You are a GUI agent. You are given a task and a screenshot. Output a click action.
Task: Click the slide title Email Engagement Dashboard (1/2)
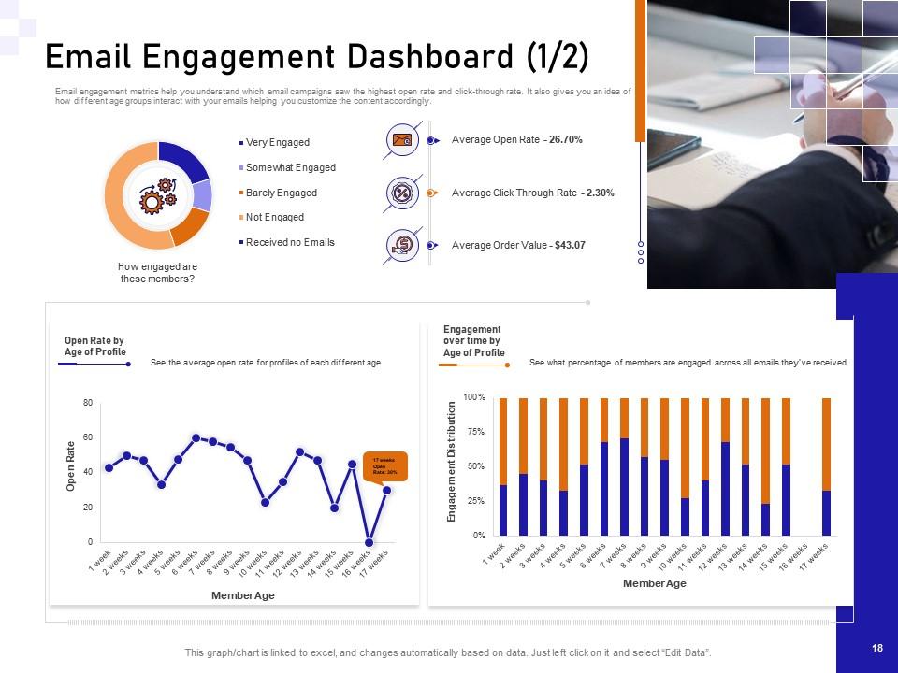pos(317,57)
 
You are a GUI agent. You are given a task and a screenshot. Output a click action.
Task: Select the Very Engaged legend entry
pos(277,142)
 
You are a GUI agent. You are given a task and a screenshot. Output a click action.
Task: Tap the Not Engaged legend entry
pos(274,217)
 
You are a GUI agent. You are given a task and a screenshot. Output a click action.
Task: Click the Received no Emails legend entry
pos(289,242)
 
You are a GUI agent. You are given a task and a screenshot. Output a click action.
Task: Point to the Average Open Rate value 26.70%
pos(566,139)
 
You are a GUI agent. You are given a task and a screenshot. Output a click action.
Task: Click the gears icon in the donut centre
pos(158,196)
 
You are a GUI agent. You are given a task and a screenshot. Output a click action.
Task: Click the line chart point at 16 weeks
pos(369,542)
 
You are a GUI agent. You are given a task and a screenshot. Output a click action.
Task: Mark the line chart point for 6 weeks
pos(196,437)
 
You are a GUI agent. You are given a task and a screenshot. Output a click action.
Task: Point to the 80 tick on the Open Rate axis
pos(87,403)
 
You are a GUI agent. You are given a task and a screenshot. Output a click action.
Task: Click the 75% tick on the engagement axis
pos(475,432)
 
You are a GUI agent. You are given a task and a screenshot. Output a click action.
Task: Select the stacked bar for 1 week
pos(503,467)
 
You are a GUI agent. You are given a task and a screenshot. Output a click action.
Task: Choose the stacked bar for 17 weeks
pos(826,467)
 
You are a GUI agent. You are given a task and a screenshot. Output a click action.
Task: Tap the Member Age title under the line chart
pos(243,595)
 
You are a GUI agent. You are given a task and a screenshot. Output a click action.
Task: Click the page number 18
pos(876,648)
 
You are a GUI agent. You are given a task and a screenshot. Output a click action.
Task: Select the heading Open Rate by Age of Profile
pos(94,346)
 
